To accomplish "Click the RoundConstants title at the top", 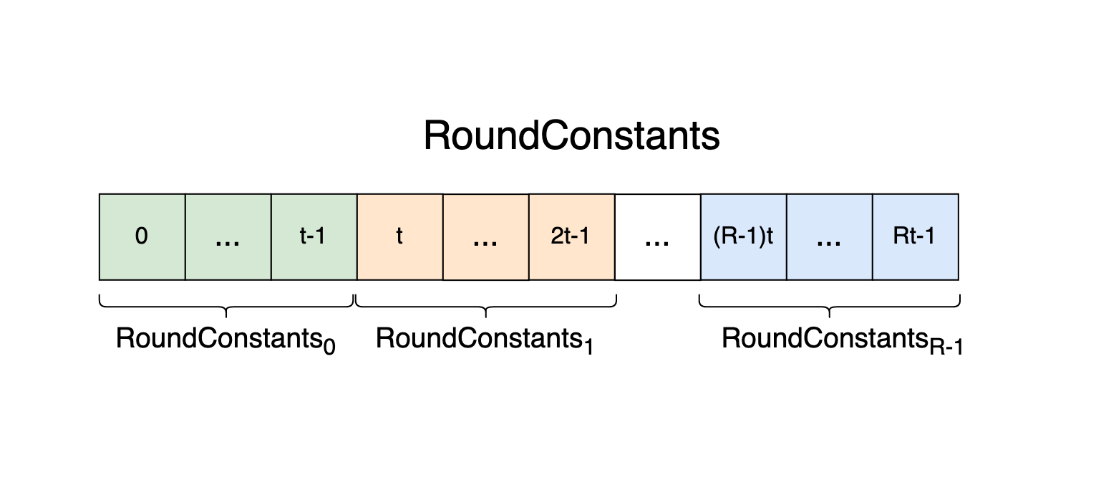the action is tap(571, 135).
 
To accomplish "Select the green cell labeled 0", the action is tap(142, 236).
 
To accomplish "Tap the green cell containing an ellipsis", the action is tap(228, 236).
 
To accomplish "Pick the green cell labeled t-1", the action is tap(314, 236).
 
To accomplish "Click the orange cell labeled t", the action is tap(399, 236).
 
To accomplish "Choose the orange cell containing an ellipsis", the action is tap(485, 236).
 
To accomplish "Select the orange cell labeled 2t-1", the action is tap(571, 236).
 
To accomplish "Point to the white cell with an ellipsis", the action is tap(657, 236).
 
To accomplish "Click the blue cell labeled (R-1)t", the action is tap(743, 236).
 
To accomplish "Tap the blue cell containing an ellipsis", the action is tap(829, 236).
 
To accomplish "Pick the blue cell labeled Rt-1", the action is tap(915, 236).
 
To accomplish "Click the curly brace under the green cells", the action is tap(227, 307).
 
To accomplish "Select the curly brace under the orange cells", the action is tap(486, 307).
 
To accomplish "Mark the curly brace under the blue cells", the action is tap(829, 307).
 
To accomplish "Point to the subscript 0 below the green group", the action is tap(329, 347).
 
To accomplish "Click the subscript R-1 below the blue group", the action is tap(946, 347).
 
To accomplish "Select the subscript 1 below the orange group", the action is tap(588, 347).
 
